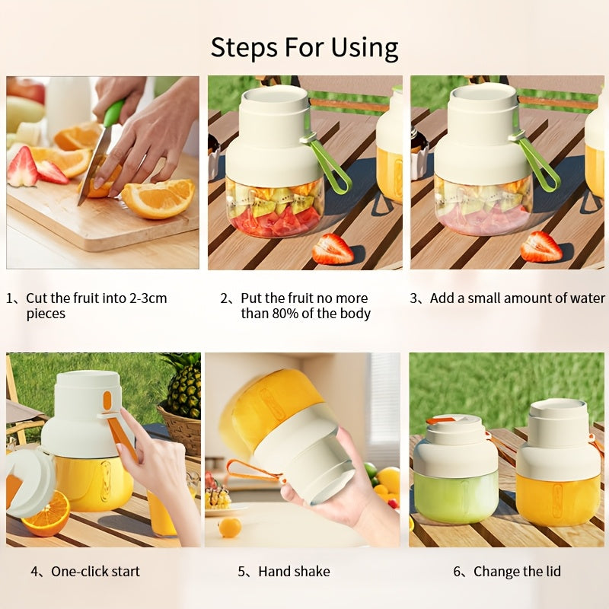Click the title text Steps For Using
tap(304, 47)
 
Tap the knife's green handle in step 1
tap(113, 113)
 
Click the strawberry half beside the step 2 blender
tap(333, 249)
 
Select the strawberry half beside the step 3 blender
tap(541, 247)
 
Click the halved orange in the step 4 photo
tap(46, 513)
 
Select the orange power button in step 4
tap(107, 399)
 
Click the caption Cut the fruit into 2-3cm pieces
tap(96, 305)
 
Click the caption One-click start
tap(95, 571)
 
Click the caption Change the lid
tap(516, 571)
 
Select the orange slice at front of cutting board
tap(158, 199)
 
